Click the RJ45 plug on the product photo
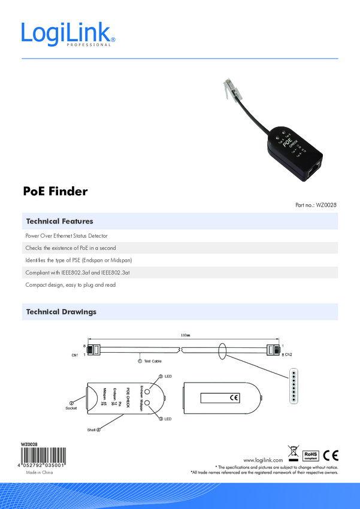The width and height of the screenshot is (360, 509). coord(231,87)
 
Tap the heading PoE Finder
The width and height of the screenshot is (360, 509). coord(55,192)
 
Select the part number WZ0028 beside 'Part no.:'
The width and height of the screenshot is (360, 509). coord(327,205)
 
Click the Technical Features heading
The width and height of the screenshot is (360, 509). coord(59,222)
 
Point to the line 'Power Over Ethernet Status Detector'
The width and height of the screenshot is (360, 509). coord(66,236)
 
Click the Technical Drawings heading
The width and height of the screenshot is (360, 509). coord(61,312)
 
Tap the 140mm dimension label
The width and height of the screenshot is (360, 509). coord(185,335)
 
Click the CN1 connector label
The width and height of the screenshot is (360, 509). coord(75,355)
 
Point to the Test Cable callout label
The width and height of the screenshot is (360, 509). coord(153,361)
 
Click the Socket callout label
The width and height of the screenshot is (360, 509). coord(72,408)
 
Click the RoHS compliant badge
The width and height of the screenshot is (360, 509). coord(310,455)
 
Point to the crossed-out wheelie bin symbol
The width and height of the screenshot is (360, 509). coord(293,453)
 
